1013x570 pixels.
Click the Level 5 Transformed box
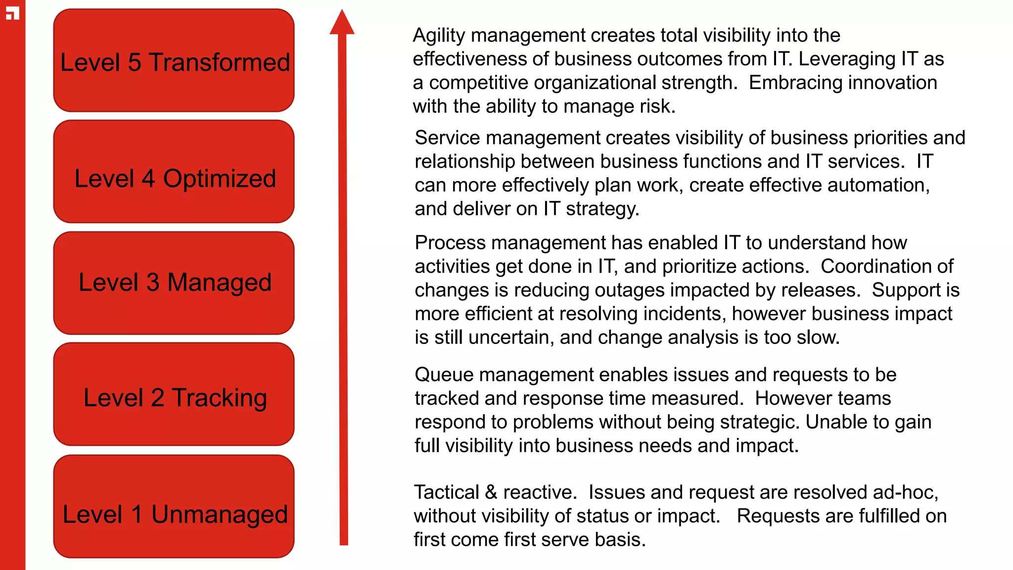(174, 60)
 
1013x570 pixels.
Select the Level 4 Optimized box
(174, 172)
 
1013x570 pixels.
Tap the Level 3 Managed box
(174, 283)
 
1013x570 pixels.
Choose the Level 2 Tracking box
(174, 394)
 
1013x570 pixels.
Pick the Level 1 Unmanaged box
(174, 507)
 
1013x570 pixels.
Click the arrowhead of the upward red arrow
(342, 23)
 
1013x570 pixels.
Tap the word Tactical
(446, 492)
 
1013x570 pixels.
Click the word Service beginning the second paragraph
(447, 138)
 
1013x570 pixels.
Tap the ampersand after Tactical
(491, 492)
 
